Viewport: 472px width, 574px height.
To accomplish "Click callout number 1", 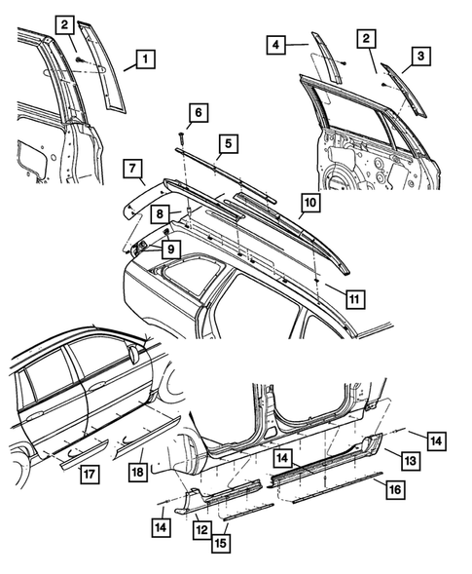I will tap(142, 60).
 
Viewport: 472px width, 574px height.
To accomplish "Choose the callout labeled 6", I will tap(196, 115).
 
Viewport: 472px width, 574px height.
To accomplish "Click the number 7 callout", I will tap(132, 171).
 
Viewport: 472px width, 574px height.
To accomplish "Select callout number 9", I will tap(170, 249).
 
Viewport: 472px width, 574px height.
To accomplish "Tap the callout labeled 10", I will tap(307, 204).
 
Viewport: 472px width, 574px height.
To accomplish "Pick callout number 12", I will tap(202, 529).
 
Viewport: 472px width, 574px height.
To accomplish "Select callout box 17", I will tap(88, 475).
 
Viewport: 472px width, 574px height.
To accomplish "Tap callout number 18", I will tap(138, 473).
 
